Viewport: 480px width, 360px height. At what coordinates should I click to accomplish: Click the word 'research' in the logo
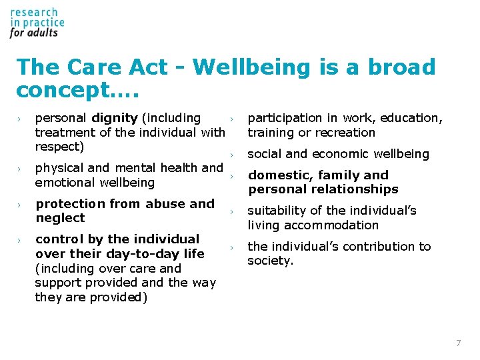click(x=34, y=12)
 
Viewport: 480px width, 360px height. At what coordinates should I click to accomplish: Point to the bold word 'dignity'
click(x=115, y=118)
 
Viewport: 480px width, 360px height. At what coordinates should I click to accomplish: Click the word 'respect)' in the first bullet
click(x=59, y=146)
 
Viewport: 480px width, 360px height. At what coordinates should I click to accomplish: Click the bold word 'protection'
click(x=70, y=204)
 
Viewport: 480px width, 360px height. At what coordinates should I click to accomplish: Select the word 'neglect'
click(x=60, y=218)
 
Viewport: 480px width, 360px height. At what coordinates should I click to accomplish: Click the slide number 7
click(x=458, y=343)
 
